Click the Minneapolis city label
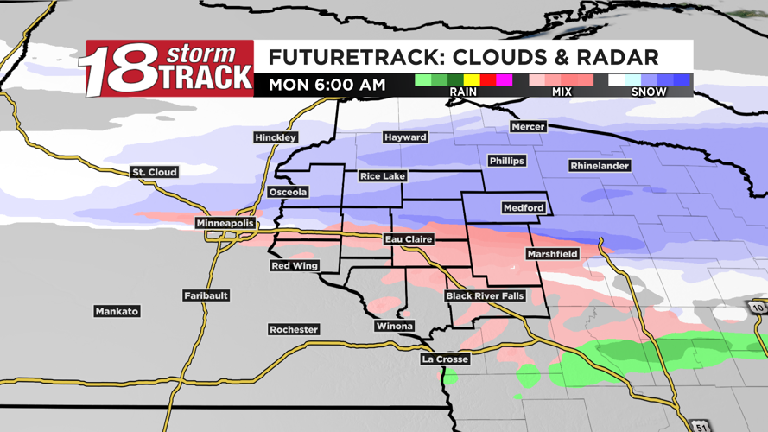coord(225,223)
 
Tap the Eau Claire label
coord(409,239)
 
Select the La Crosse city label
coord(445,359)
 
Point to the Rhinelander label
coord(600,165)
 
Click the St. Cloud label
coord(155,172)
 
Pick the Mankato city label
coord(117,311)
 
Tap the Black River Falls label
coord(485,296)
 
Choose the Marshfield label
coord(553,254)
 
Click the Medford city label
coord(524,207)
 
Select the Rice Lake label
coord(383,176)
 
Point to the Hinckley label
coord(276,137)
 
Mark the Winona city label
coord(394,326)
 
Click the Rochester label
coord(294,329)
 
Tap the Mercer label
coord(528,126)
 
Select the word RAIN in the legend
coord(463,92)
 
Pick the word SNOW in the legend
coord(649,92)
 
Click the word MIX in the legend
coord(561,92)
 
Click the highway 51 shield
coord(700,426)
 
